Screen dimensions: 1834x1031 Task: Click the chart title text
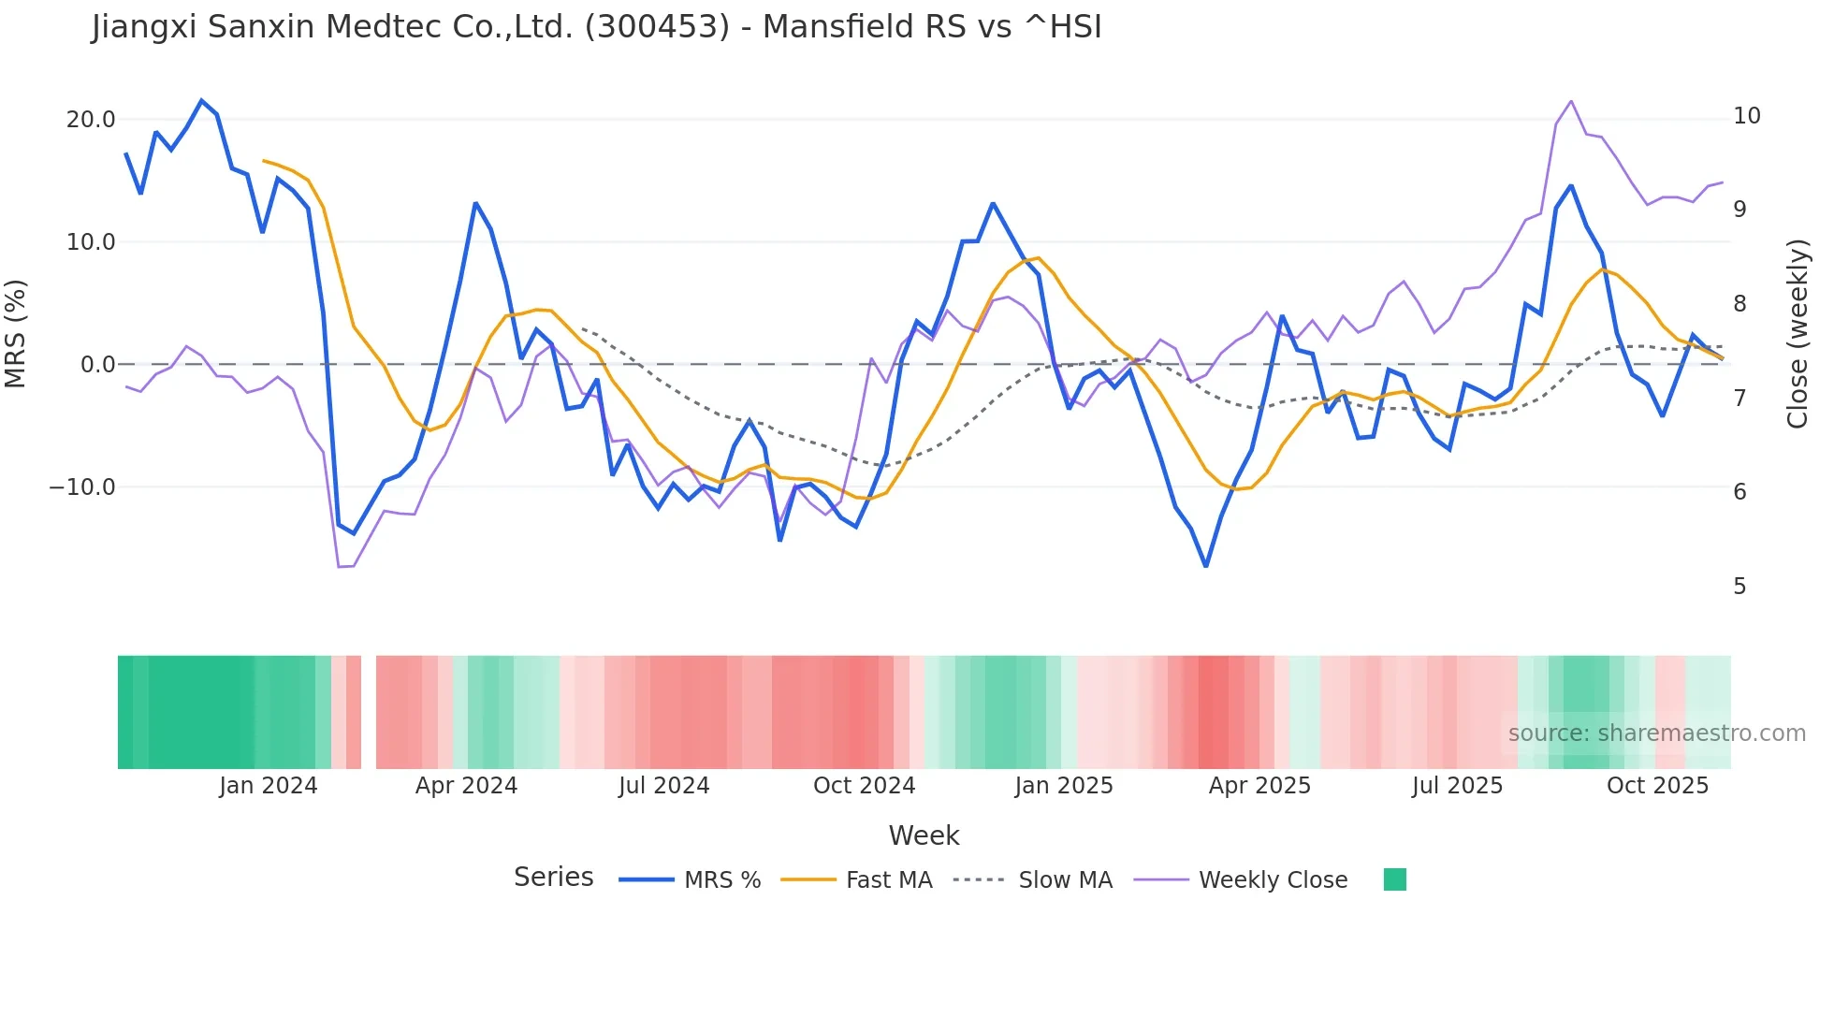click(596, 27)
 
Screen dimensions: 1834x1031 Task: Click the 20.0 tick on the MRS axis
click(91, 120)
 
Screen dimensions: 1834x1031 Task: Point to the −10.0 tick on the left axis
click(82, 487)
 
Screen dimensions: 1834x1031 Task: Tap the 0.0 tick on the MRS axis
click(98, 365)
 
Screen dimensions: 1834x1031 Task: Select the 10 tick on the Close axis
click(1747, 116)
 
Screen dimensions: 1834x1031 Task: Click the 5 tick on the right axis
click(1739, 587)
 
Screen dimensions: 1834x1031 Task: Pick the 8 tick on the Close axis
click(1739, 304)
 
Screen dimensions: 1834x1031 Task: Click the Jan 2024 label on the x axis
click(269, 786)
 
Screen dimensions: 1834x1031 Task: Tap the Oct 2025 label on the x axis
click(1657, 786)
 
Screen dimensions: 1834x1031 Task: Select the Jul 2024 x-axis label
click(663, 786)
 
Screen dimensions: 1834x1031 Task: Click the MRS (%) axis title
click(16, 333)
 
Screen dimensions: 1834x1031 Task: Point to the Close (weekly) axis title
click(1798, 334)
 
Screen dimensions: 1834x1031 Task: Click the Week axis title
click(924, 835)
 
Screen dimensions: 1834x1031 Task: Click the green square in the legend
click(1394, 879)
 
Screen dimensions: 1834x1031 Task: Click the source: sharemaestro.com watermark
click(1656, 733)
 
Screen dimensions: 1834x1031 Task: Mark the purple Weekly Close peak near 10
click(1570, 101)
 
